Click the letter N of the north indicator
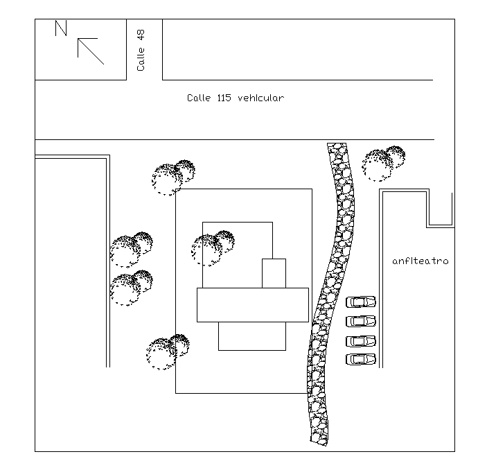pyautogui.click(x=61, y=28)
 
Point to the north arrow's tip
pyautogui.click(x=78, y=40)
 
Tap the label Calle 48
pyautogui.click(x=141, y=50)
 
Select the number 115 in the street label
pyautogui.click(x=223, y=98)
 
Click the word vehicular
pyautogui.click(x=260, y=98)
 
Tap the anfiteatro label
pyautogui.click(x=420, y=261)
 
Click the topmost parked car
pyautogui.click(x=360, y=302)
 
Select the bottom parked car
pyautogui.click(x=360, y=359)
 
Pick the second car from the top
pyautogui.click(x=360, y=322)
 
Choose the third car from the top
pyautogui.click(x=360, y=341)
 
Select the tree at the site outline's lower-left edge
pyautogui.click(x=167, y=351)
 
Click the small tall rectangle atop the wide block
pyautogui.click(x=274, y=273)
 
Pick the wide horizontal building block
pyautogui.click(x=252, y=305)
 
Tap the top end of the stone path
pyautogui.click(x=337, y=148)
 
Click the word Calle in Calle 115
pyautogui.click(x=199, y=98)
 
